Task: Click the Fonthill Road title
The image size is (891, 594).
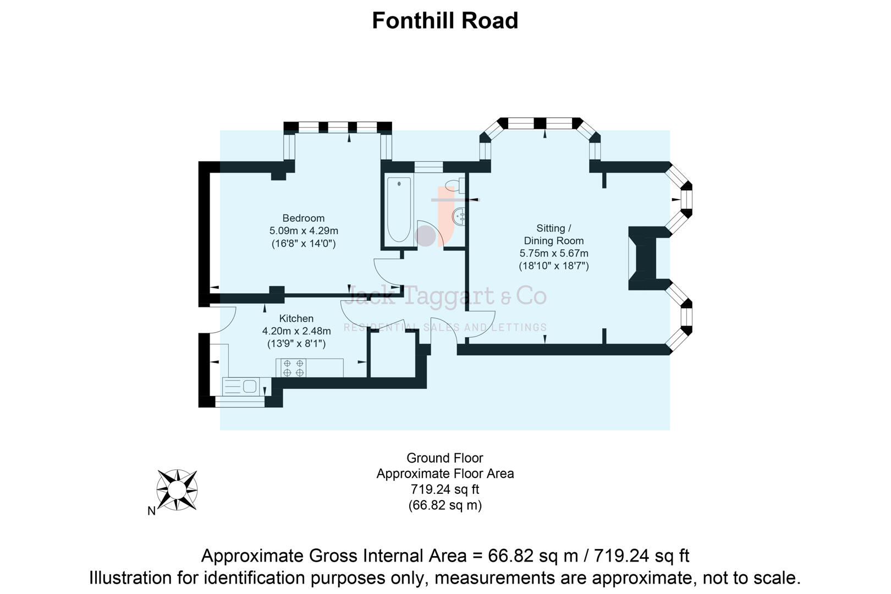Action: (x=445, y=21)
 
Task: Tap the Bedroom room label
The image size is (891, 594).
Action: (x=303, y=218)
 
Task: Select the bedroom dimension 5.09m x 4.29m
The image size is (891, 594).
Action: (x=303, y=231)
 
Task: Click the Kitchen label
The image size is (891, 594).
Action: (x=296, y=318)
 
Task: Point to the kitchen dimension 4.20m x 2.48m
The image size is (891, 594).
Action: (x=296, y=331)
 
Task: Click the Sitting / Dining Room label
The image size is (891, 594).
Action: (x=553, y=234)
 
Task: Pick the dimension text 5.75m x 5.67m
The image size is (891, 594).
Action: (x=554, y=254)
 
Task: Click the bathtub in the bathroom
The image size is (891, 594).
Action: (x=399, y=209)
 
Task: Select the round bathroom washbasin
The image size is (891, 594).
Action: (x=459, y=217)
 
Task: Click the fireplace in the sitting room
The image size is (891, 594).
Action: (x=644, y=258)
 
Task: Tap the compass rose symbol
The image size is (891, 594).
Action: (x=177, y=490)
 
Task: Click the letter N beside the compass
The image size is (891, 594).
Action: (x=151, y=512)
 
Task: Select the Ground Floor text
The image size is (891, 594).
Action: (x=445, y=458)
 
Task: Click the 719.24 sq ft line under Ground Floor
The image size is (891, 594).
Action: (x=445, y=489)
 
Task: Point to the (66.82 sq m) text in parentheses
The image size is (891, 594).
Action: (x=445, y=505)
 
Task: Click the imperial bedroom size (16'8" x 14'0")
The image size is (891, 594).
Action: (x=303, y=244)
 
